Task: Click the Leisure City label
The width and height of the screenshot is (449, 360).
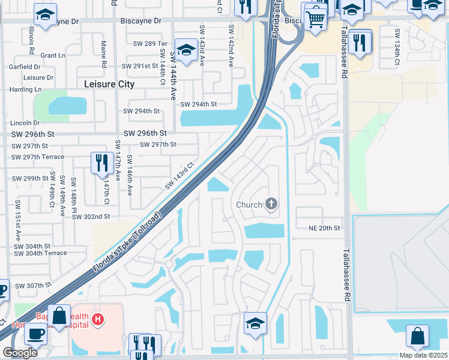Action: (109, 85)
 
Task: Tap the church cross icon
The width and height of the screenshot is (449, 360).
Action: (271, 205)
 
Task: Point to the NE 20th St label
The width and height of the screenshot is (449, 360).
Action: (324, 228)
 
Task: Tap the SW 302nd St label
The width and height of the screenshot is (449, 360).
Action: (91, 217)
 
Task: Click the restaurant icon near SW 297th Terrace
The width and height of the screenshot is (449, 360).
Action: (100, 162)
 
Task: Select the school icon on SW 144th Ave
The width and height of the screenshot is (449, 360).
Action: (186, 49)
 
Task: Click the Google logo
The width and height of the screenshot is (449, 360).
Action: (20, 352)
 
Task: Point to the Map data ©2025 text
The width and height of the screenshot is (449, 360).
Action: (423, 355)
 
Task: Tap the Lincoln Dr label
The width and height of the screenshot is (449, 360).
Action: (25, 122)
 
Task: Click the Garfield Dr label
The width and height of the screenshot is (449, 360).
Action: (25, 67)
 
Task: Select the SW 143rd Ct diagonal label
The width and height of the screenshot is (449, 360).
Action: (181, 174)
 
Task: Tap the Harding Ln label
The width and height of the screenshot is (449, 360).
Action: (25, 89)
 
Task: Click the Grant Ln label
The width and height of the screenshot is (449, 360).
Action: (53, 55)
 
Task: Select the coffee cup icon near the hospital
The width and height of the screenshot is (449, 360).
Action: (35, 333)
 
